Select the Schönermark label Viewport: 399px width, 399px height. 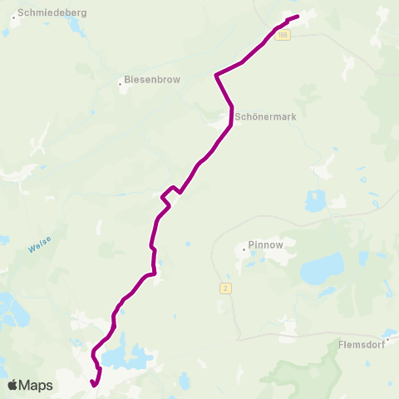pos(265,117)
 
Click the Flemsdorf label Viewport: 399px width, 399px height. pos(360,343)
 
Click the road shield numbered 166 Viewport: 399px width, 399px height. pos(283,35)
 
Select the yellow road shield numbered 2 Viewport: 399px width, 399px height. pos(224,288)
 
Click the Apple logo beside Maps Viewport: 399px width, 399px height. pos(12,385)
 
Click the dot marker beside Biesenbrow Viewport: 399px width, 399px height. pos(120,81)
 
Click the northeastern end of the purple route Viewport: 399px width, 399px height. pos(297,16)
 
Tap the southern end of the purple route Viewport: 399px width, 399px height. pos(91,382)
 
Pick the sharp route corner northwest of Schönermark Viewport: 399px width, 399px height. pos(216,75)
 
